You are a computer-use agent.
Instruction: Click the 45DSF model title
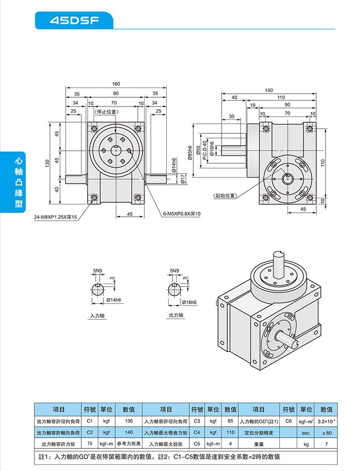point(74,21)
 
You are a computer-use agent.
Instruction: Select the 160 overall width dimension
point(116,84)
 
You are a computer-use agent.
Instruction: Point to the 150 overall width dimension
point(269,90)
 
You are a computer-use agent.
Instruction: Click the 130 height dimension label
point(47,163)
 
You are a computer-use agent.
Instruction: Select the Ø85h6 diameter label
point(190,153)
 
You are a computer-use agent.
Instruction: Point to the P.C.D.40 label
point(205,150)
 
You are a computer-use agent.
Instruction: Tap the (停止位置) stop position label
point(106,111)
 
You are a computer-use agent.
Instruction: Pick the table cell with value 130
point(129,421)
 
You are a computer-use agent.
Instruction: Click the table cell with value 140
point(129,432)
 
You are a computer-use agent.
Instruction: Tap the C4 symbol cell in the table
point(196,432)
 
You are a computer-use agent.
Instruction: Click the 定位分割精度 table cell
point(259,432)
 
